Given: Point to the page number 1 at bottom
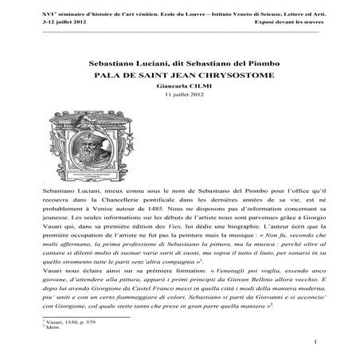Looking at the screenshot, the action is pyautogui.click(x=315, y=342).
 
